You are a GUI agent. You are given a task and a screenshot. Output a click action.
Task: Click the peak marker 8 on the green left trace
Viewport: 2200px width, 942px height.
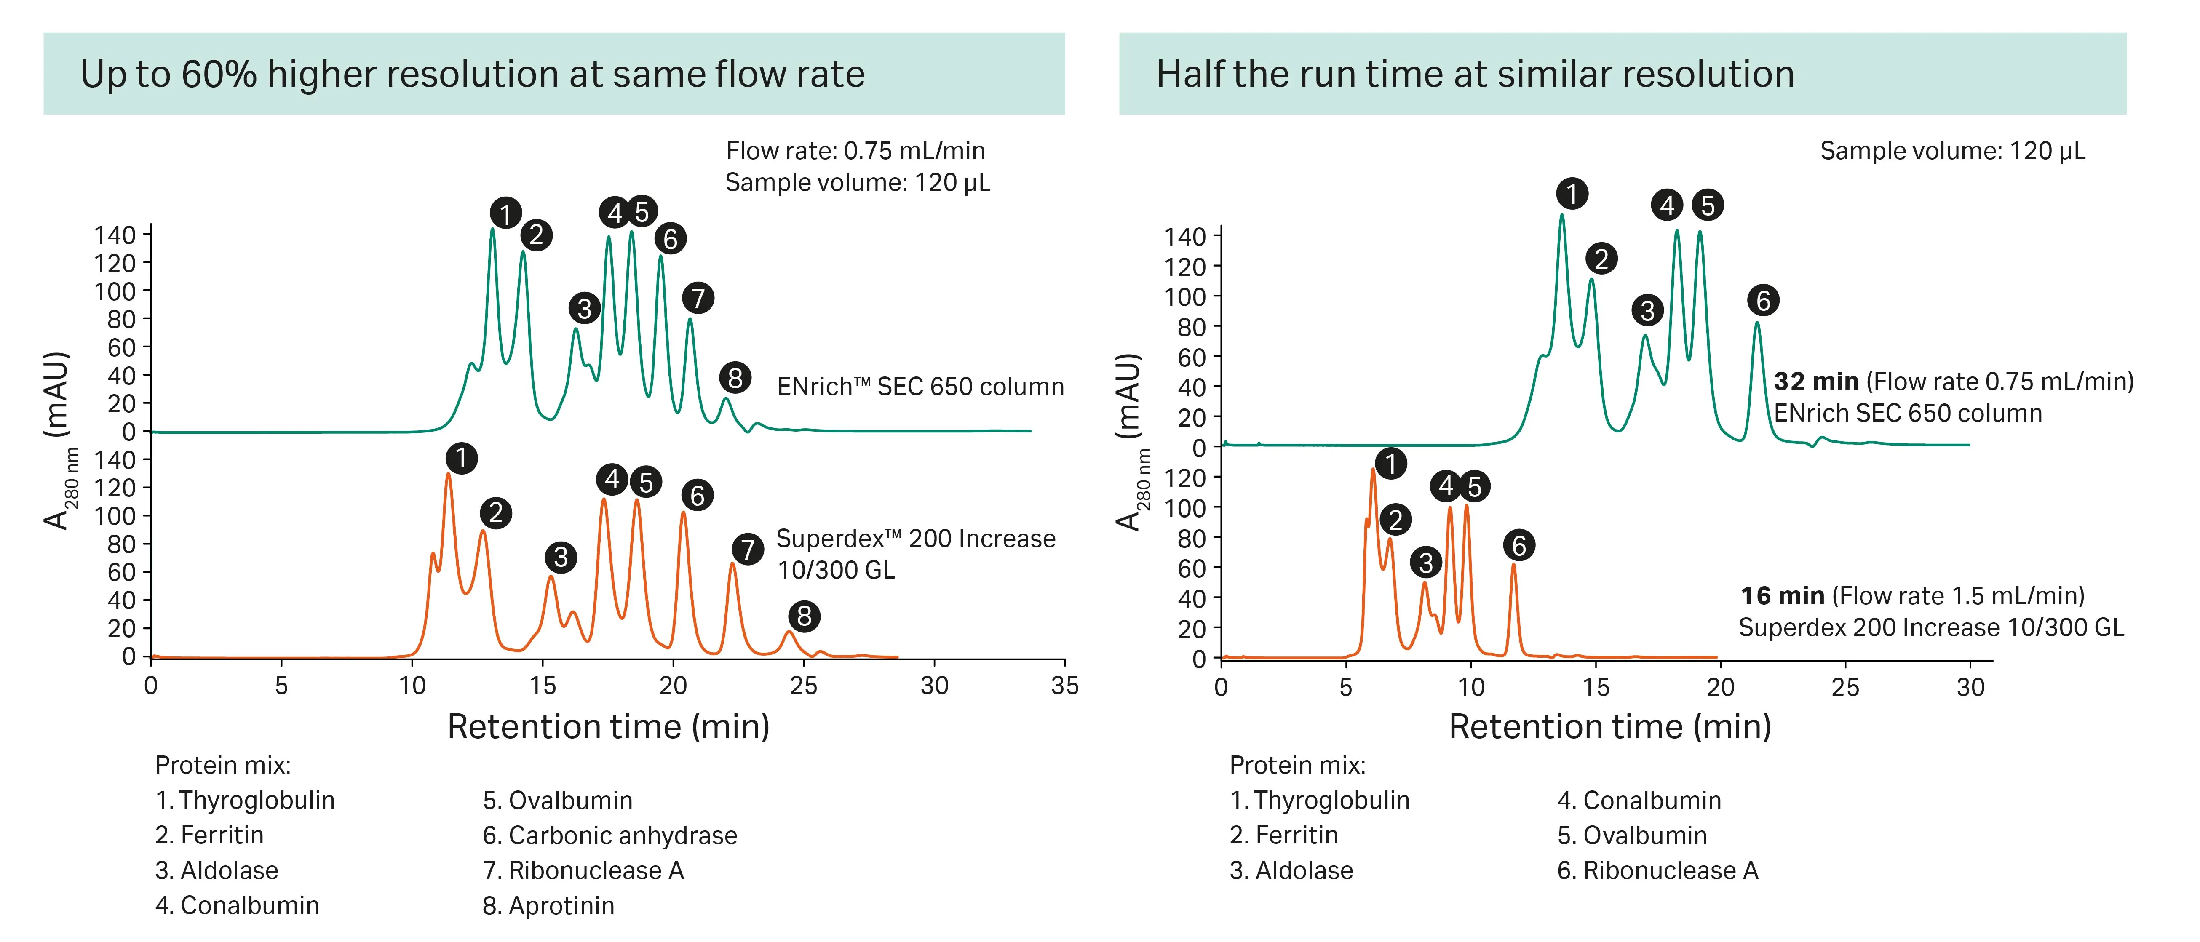(735, 377)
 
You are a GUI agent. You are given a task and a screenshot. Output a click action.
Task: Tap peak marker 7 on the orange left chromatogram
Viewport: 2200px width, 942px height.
(748, 549)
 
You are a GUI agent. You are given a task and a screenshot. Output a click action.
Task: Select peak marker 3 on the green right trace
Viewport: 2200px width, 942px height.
(1647, 310)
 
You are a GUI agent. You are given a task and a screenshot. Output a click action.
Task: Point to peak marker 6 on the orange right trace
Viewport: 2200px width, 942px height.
(1518, 545)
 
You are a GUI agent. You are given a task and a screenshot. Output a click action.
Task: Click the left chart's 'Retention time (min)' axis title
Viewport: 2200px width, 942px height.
(608, 727)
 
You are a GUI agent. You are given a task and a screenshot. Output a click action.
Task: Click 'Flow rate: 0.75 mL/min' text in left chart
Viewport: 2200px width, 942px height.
(855, 151)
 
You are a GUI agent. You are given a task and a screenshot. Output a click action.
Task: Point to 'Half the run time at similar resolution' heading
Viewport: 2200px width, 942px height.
(1475, 74)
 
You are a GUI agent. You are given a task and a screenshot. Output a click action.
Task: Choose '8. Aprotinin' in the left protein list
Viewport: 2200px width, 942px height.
(548, 905)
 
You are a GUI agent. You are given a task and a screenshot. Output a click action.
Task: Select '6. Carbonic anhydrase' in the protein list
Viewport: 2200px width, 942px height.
(610, 835)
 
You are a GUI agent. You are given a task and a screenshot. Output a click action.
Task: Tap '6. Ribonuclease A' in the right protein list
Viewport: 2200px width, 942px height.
(1657, 870)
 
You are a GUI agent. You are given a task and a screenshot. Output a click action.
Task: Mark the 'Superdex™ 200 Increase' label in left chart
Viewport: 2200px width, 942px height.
(916, 539)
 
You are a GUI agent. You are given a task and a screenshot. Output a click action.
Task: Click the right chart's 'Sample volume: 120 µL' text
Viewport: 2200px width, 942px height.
(1952, 151)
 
